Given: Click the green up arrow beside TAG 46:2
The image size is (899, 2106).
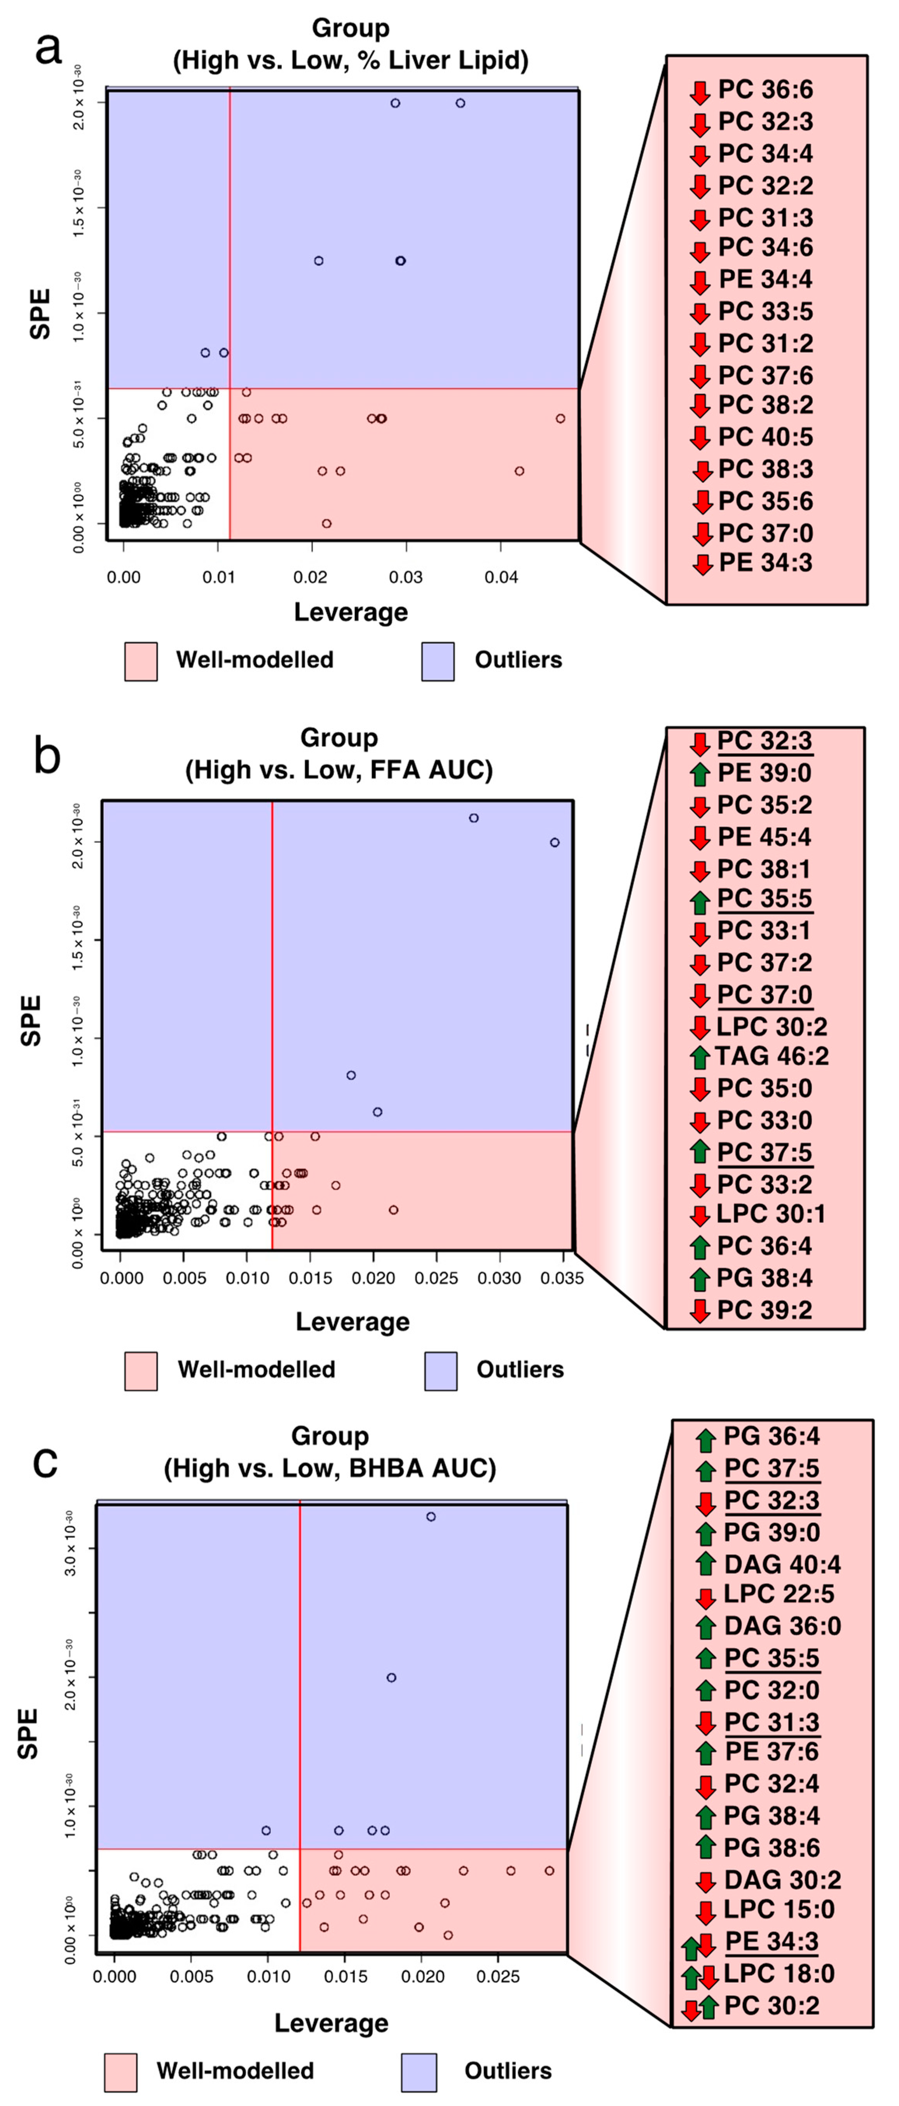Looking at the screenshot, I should click(x=699, y=1057).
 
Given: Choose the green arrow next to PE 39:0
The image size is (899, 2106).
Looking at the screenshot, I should click(x=699, y=774).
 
